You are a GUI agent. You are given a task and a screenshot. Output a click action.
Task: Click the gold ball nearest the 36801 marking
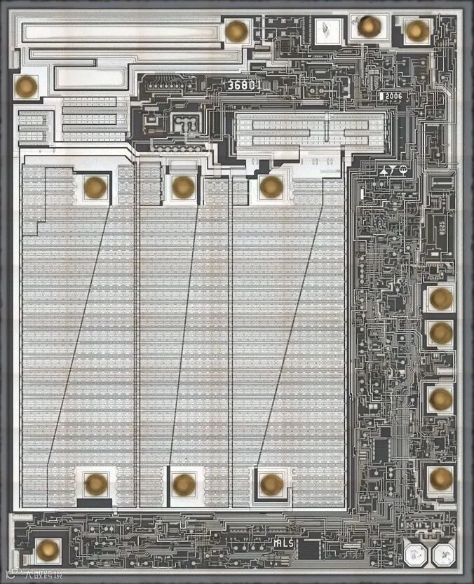tap(236, 30)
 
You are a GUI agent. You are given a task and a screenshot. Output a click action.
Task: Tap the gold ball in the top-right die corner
tap(417, 29)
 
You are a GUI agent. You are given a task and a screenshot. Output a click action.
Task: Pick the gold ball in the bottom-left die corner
tap(47, 550)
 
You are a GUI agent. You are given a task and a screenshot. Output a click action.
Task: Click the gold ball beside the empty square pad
tap(368, 26)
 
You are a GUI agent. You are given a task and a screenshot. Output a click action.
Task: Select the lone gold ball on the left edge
tap(27, 86)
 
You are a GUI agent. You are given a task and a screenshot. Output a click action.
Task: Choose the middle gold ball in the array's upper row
tap(183, 186)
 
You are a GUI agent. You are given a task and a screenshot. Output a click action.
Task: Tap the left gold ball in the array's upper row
tap(95, 186)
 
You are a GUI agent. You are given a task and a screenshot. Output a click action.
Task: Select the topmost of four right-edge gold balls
tap(440, 298)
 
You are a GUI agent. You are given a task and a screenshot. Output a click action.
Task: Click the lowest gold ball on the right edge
tap(440, 477)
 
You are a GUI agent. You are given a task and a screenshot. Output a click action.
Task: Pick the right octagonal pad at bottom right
tap(444, 555)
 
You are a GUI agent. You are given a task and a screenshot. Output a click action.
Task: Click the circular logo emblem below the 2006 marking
tap(403, 170)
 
